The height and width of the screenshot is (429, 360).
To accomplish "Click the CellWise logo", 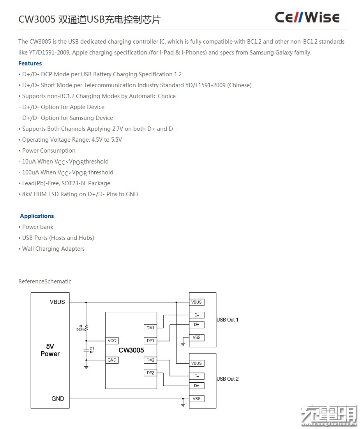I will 307,17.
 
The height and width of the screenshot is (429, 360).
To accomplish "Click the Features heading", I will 30,63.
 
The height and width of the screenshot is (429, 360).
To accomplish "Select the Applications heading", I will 37,216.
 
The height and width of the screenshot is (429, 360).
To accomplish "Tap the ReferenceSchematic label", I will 45,281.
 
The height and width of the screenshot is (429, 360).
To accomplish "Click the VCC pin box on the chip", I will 112,341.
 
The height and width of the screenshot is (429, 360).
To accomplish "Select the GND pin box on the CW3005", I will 112,360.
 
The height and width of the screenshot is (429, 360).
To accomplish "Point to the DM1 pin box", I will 150,328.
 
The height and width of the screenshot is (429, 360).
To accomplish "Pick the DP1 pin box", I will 150,341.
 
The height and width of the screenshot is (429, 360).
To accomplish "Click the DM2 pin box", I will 150,360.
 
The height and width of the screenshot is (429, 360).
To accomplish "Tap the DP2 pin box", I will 150,373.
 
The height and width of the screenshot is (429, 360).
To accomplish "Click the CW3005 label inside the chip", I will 131,350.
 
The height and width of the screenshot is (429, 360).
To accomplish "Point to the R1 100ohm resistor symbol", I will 86,328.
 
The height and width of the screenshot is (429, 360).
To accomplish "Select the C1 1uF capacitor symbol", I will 86,350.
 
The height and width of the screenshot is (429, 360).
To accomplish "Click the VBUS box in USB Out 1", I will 196,302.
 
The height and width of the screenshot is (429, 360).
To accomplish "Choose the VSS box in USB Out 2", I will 196,399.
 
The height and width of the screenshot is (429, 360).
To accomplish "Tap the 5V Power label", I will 50,350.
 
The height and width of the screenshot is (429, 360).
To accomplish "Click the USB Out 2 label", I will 228,379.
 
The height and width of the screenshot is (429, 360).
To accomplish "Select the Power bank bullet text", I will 38,227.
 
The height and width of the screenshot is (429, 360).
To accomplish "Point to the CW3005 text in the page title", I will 37,19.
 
